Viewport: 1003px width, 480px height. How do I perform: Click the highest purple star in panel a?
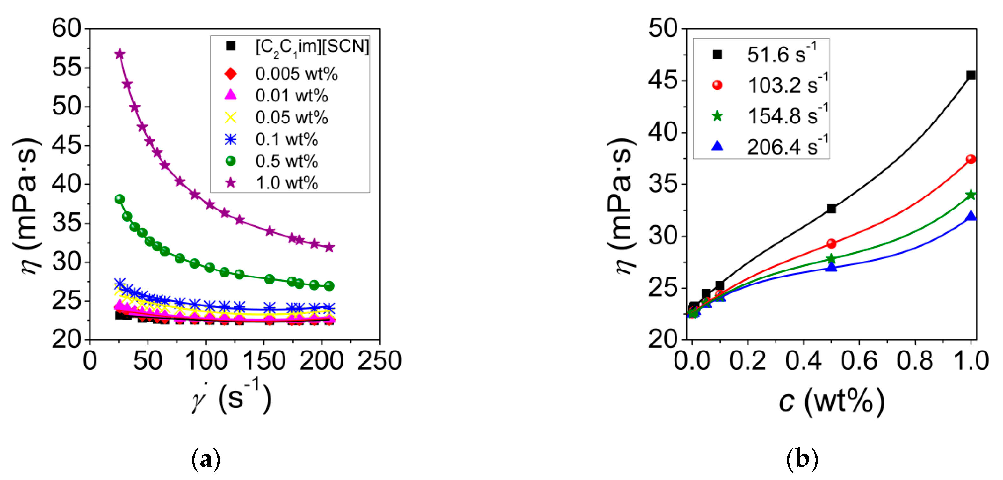click(120, 54)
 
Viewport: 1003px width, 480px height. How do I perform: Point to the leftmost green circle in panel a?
click(120, 199)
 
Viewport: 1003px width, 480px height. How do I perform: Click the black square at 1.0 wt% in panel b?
click(971, 75)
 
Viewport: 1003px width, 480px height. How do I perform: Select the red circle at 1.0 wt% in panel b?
click(971, 159)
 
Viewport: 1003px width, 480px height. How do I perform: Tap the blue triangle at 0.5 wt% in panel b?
click(831, 267)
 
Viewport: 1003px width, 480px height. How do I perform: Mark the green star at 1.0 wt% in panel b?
click(971, 195)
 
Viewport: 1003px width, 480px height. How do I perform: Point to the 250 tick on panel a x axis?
click(379, 361)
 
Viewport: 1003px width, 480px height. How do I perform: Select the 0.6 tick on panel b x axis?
click(859, 361)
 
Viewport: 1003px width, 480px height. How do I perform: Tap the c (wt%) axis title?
click(831, 401)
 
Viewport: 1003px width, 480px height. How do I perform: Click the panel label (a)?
click(206, 460)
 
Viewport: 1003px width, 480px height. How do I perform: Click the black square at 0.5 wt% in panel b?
click(831, 209)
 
